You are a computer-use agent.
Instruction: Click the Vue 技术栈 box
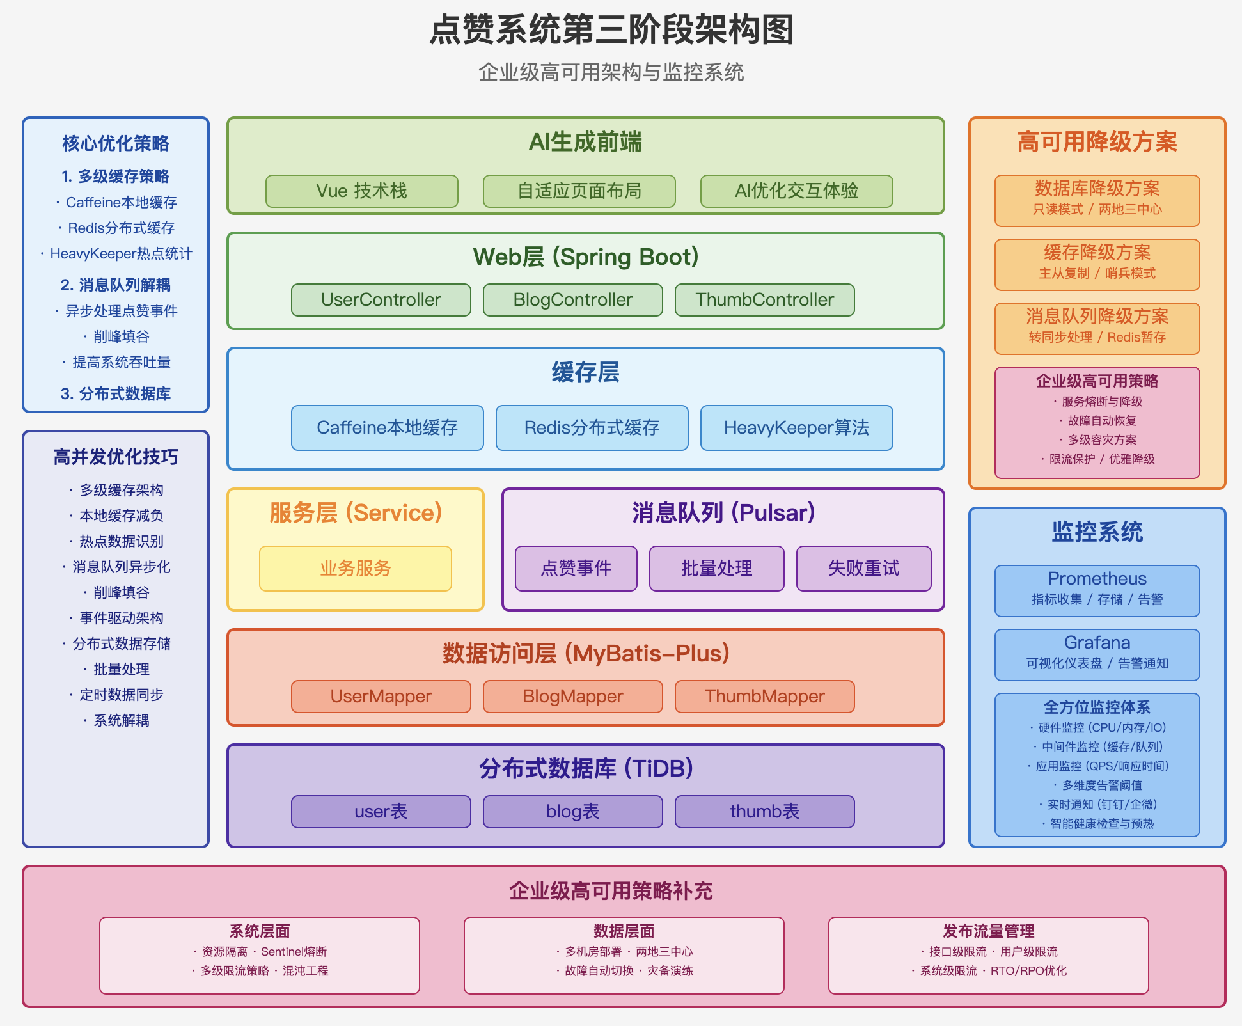click(x=362, y=191)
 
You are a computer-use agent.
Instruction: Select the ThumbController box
click(x=765, y=300)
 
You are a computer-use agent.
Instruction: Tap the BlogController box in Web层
click(x=573, y=300)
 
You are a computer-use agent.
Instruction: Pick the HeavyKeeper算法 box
click(x=797, y=428)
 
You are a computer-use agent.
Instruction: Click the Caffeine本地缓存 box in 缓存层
click(x=388, y=428)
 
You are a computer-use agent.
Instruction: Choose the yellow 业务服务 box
click(x=356, y=569)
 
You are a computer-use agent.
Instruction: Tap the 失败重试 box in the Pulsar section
click(x=864, y=569)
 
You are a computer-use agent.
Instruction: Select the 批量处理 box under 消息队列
click(x=717, y=569)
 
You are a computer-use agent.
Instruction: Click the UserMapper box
click(x=381, y=697)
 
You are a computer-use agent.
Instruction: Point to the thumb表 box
click(x=765, y=812)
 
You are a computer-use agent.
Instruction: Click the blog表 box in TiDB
click(x=573, y=812)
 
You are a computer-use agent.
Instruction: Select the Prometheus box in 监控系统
click(x=1097, y=591)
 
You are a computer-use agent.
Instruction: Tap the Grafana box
click(x=1097, y=655)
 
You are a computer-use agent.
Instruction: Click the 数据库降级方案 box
click(x=1097, y=201)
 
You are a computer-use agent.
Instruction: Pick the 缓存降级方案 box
click(x=1097, y=265)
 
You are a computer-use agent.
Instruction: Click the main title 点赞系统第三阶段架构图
click(x=611, y=30)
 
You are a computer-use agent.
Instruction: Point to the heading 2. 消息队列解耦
click(x=116, y=285)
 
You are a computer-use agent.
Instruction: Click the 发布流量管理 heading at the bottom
click(x=989, y=931)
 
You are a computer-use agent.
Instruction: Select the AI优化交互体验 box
click(x=797, y=191)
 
